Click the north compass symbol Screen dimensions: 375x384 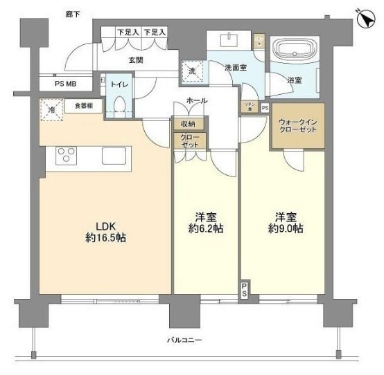coord(366,17)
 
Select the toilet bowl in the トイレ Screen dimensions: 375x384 coord(120,106)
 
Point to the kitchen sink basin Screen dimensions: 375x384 coord(113,156)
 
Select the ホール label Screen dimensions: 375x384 coord(197,101)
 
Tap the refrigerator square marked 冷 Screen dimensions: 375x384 coord(50,109)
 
